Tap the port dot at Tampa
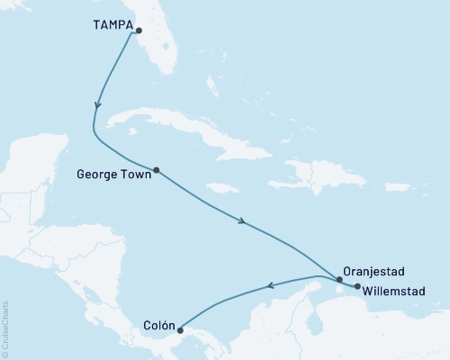(x=139, y=30)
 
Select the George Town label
(x=115, y=168)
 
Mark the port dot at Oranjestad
(x=338, y=280)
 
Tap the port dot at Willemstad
(x=357, y=287)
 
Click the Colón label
(x=158, y=325)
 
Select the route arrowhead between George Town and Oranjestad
(x=243, y=220)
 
